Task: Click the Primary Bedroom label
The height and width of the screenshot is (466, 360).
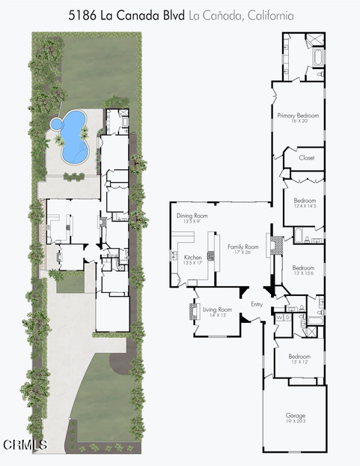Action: (298, 115)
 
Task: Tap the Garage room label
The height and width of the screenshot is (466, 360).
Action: (295, 415)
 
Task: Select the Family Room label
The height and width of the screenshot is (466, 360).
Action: (242, 246)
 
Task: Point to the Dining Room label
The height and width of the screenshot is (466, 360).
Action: (192, 216)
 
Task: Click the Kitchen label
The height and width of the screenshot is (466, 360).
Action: (193, 257)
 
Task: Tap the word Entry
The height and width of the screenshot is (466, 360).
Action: (257, 304)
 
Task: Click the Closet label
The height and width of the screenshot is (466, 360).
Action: (307, 158)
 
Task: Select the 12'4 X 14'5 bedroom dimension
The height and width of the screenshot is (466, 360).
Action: (305, 206)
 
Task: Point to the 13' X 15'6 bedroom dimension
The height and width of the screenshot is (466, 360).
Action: (303, 273)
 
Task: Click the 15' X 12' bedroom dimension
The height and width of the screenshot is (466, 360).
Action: (299, 362)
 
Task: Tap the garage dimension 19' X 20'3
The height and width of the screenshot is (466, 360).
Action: (295, 421)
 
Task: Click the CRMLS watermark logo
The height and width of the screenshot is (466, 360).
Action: (25, 444)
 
